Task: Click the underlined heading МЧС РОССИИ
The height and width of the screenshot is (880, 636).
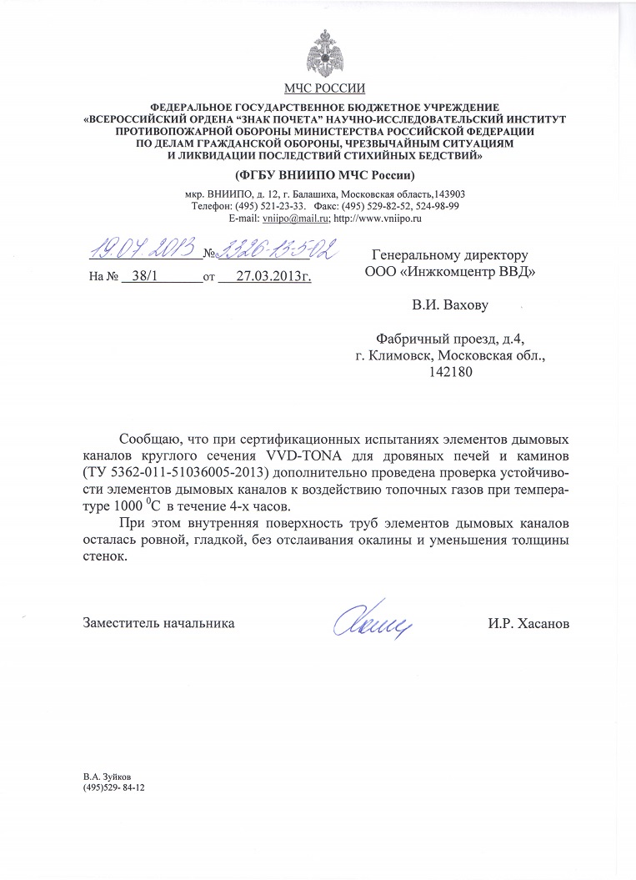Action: coord(323,88)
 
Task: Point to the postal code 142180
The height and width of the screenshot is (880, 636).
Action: coord(450,372)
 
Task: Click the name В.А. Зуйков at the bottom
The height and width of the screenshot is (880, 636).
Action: coord(107,775)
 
